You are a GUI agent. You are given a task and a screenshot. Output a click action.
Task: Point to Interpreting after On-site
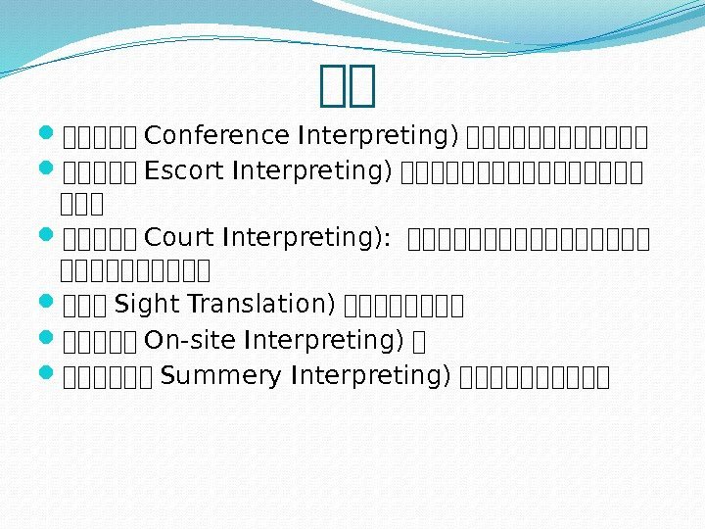pyautogui.click(x=324, y=340)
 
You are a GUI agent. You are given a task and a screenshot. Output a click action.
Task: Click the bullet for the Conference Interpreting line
pyautogui.click(x=50, y=133)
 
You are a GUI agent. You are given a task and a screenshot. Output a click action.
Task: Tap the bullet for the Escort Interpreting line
pyautogui.click(x=50, y=170)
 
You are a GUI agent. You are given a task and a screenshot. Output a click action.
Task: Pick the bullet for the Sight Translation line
pyautogui.click(x=50, y=304)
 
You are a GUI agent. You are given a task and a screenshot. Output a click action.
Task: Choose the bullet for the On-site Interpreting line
pyautogui.click(x=50, y=340)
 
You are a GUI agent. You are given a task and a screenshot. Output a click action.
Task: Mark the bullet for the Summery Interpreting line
pyautogui.click(x=50, y=376)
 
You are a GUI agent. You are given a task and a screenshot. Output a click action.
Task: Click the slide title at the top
pyautogui.click(x=349, y=85)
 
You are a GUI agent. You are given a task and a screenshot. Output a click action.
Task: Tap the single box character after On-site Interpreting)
pyautogui.click(x=419, y=341)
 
